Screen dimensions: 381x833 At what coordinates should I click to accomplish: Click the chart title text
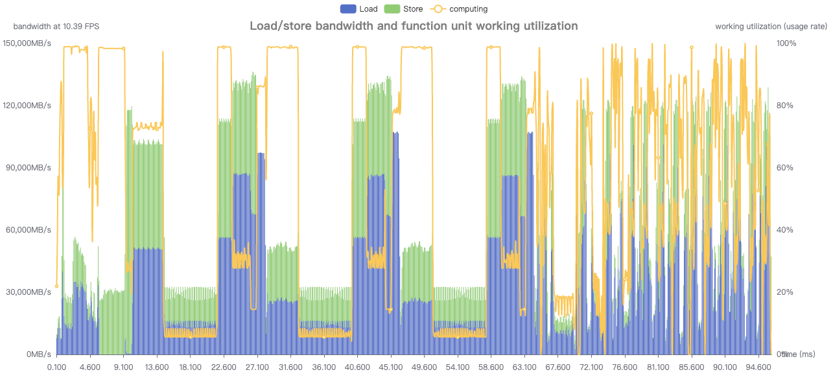tap(414, 26)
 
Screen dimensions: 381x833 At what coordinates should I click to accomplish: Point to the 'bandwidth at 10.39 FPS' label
tap(56, 27)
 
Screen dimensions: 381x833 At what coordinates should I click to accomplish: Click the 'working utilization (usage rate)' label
tap(771, 27)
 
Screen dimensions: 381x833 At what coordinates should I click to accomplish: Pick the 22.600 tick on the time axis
tap(224, 367)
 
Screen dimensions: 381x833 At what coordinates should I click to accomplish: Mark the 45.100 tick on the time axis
tap(391, 367)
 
